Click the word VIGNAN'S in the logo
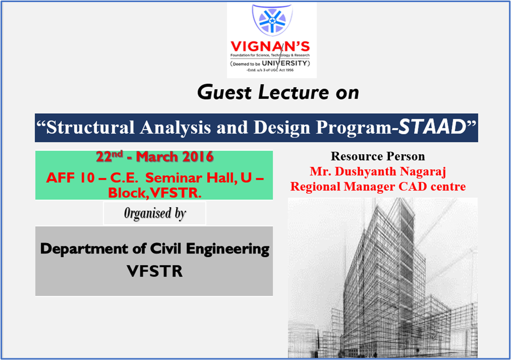(272, 46)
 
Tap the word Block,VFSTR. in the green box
(154, 192)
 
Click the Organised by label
(155, 214)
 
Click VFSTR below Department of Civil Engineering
(154, 271)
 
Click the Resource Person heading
(378, 156)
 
